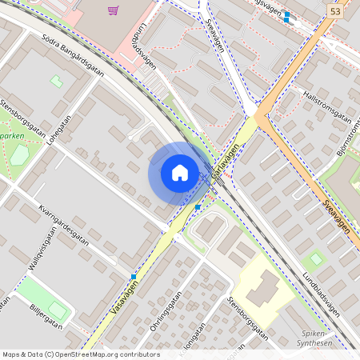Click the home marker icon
[x=180, y=173]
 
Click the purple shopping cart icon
[x=113, y=10]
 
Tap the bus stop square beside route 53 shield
[x=286, y=15]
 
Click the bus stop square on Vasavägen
[x=134, y=277]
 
